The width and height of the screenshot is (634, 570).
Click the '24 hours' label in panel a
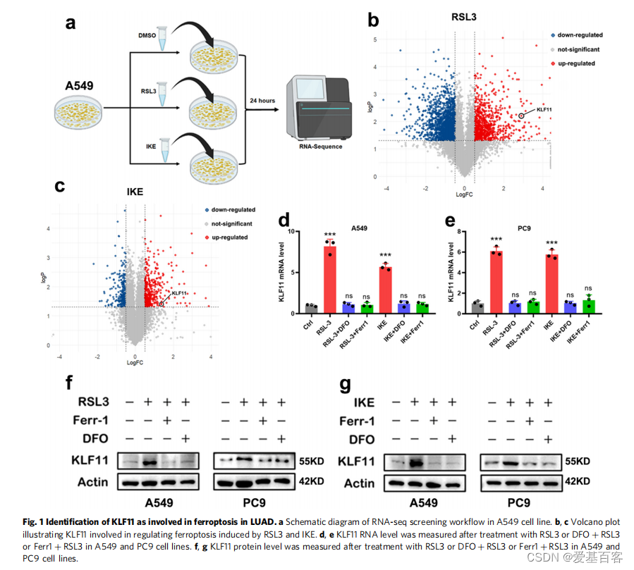[x=262, y=101]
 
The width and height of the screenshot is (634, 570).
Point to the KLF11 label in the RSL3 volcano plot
[x=545, y=110]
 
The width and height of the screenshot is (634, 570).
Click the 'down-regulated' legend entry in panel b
[x=580, y=35]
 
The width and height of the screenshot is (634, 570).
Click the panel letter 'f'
[x=69, y=383]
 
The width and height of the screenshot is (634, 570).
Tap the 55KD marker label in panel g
[x=576, y=463]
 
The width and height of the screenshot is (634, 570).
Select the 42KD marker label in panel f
[x=310, y=483]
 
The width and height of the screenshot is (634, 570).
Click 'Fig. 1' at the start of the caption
[x=37, y=522]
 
